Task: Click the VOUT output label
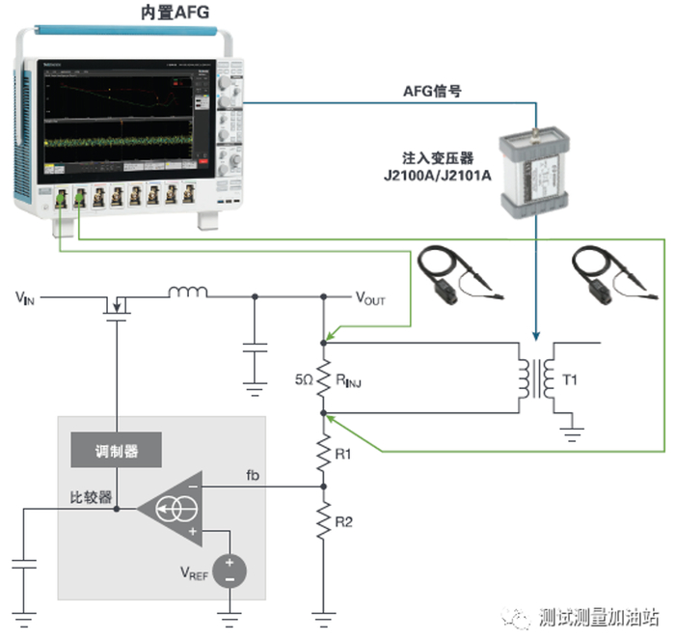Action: coord(368,299)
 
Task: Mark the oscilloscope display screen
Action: coord(119,120)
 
